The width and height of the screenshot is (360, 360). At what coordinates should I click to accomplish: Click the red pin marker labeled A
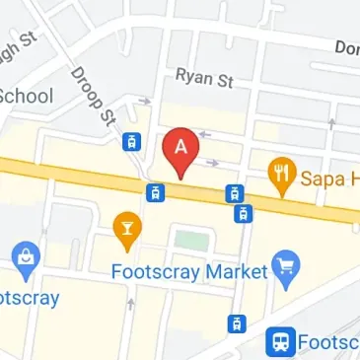(180, 149)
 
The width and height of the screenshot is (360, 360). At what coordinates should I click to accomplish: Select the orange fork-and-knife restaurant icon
(283, 174)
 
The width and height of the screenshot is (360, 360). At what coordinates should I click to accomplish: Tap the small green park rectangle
(191, 239)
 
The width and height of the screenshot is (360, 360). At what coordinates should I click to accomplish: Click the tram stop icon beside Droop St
(129, 142)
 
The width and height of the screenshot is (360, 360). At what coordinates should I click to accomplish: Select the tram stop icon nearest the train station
(236, 323)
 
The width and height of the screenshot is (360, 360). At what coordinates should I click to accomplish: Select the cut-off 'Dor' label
(346, 47)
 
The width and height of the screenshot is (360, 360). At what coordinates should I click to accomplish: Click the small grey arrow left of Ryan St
(145, 100)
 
